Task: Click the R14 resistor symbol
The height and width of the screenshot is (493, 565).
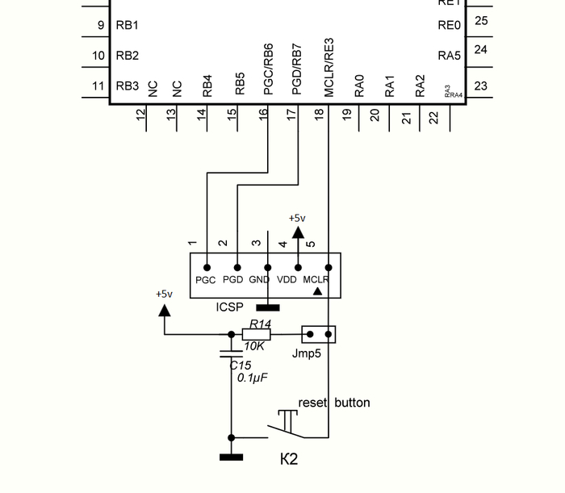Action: pyautogui.click(x=257, y=334)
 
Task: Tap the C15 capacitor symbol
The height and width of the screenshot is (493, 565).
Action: pyautogui.click(x=232, y=353)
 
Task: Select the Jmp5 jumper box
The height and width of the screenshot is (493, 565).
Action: pyautogui.click(x=319, y=334)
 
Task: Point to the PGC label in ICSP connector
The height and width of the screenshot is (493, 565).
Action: pyautogui.click(x=206, y=280)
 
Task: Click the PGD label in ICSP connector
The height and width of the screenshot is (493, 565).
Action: pyautogui.click(x=233, y=280)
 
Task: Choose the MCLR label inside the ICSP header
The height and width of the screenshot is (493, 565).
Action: pyautogui.click(x=316, y=280)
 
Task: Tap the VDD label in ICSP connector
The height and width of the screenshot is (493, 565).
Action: pyautogui.click(x=287, y=280)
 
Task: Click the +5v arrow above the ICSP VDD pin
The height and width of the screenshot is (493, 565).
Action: pyautogui.click(x=298, y=232)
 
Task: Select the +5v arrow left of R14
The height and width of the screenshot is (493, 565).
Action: pyautogui.click(x=165, y=309)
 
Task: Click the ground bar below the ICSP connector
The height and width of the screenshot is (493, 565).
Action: pyautogui.click(x=267, y=307)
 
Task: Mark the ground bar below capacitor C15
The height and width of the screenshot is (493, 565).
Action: pyautogui.click(x=232, y=457)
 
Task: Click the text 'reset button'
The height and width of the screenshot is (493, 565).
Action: pyautogui.click(x=334, y=403)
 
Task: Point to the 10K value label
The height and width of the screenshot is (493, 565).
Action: pyautogui.click(x=254, y=346)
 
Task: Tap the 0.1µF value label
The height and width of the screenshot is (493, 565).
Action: pyautogui.click(x=253, y=378)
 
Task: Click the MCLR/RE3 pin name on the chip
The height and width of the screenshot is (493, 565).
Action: pyautogui.click(x=329, y=68)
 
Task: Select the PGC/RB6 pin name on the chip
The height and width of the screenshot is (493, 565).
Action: pyautogui.click(x=269, y=69)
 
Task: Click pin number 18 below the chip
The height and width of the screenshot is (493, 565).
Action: pyautogui.click(x=320, y=115)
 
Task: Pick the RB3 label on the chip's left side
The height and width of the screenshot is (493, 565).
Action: pyautogui.click(x=128, y=86)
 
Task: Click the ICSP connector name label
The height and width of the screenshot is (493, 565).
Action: pyautogui.click(x=229, y=307)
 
